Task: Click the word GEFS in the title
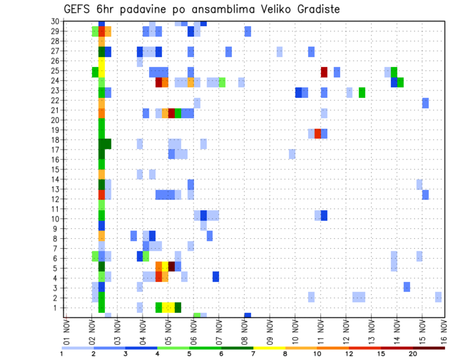point(77,9)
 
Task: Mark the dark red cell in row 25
point(324,72)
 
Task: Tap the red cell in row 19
point(317,133)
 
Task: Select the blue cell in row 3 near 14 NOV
point(407,287)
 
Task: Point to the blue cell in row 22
point(425,103)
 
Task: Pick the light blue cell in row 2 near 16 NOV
point(438,297)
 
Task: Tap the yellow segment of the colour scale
point(269,348)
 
